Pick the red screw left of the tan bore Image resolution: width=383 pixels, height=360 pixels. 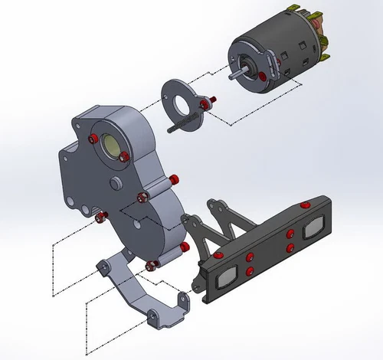point(93,139)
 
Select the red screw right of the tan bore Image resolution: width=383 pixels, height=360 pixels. point(123,157)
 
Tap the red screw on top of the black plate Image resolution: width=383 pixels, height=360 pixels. point(306,205)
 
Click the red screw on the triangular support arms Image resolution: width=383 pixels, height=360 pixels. point(218,253)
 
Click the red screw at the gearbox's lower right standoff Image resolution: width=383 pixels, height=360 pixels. point(185,247)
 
